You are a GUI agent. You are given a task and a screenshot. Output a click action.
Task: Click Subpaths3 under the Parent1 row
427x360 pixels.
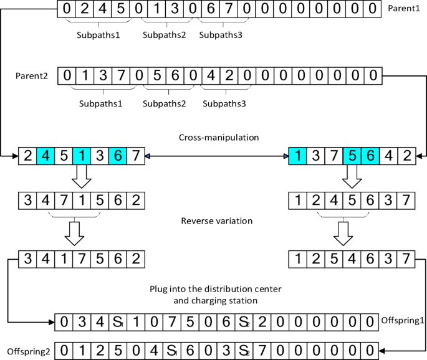(x=221, y=35)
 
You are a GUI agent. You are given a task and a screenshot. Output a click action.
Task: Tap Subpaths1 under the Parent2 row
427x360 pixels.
(x=100, y=102)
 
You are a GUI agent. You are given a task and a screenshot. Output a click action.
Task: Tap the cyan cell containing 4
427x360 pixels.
(x=46, y=156)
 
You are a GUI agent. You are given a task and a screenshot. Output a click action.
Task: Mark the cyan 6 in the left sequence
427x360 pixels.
(x=118, y=156)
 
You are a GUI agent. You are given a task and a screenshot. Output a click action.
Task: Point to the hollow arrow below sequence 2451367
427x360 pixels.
(x=82, y=179)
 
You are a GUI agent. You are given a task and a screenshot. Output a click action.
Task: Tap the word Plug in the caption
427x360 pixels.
(x=160, y=289)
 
